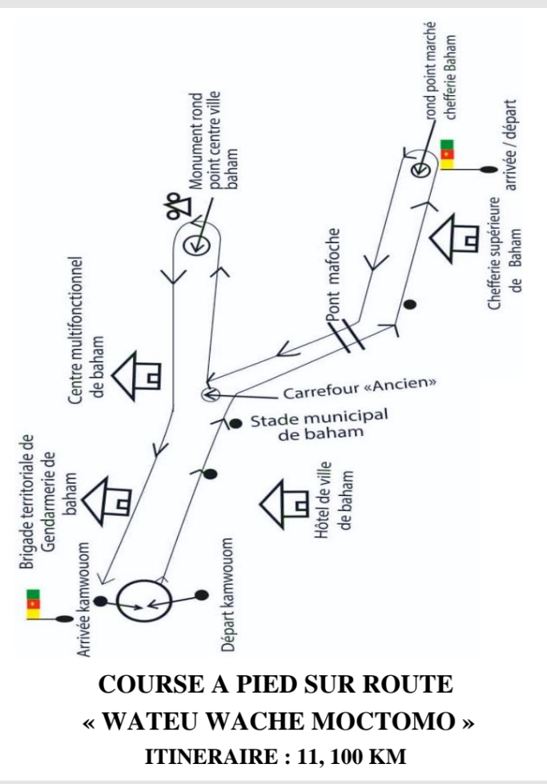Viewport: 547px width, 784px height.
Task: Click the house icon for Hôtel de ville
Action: (x=284, y=503)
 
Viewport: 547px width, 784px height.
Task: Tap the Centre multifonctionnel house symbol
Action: (x=135, y=376)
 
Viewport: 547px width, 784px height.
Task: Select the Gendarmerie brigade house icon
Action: (x=107, y=501)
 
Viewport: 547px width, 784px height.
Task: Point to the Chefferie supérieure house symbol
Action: (x=454, y=238)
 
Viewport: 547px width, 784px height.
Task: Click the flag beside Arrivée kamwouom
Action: (x=33, y=604)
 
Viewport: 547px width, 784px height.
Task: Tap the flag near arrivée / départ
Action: (x=447, y=154)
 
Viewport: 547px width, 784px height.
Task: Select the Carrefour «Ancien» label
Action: (x=360, y=389)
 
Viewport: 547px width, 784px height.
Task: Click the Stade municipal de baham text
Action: (x=320, y=425)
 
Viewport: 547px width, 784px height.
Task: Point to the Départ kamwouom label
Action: (x=227, y=595)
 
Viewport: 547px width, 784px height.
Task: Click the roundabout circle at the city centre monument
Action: (x=195, y=246)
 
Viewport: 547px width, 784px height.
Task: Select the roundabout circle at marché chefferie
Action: (x=420, y=170)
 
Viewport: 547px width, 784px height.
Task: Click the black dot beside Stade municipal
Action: (x=235, y=424)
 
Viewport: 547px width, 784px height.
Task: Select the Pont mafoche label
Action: (x=333, y=274)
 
